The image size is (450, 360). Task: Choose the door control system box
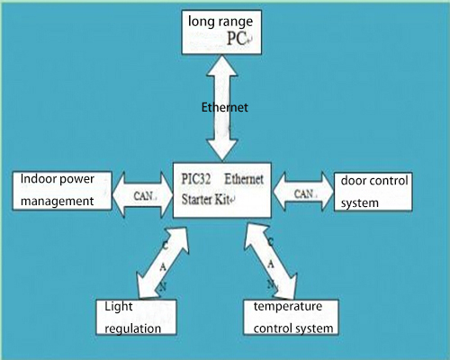376,192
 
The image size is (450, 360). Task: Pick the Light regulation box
134,318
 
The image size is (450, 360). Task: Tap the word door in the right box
354,181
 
